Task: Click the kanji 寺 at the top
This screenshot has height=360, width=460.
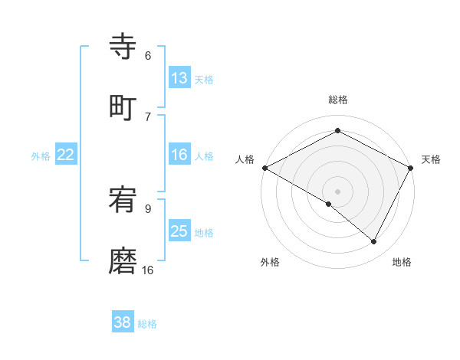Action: click(123, 47)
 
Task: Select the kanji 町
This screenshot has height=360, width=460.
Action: click(123, 108)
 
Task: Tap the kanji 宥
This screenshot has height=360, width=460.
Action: click(123, 201)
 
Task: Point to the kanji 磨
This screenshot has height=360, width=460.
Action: click(123, 261)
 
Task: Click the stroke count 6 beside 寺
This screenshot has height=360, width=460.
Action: click(148, 56)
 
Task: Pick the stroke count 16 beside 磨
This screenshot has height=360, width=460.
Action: click(148, 270)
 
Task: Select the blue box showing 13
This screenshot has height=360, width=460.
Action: click(179, 78)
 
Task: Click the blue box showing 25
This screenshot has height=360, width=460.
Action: click(179, 231)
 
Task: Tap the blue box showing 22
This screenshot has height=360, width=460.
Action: click(66, 155)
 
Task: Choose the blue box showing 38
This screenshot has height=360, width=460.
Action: click(123, 322)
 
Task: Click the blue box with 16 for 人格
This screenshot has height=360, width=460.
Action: click(179, 155)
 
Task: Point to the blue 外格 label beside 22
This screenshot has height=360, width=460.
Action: click(41, 156)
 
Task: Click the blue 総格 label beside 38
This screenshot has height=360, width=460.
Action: click(147, 324)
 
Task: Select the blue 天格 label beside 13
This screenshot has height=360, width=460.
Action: click(203, 80)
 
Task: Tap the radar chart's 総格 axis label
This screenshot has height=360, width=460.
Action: click(337, 100)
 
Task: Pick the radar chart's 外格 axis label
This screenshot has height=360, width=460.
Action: click(270, 262)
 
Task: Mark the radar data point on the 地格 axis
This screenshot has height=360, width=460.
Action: click(374, 241)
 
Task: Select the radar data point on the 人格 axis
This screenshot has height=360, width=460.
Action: click(264, 168)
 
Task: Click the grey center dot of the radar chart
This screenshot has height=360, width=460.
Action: click(337, 191)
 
